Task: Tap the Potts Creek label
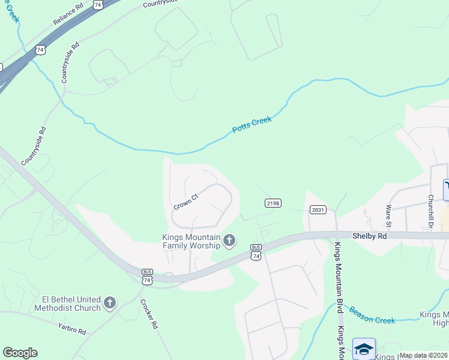pos(252,124)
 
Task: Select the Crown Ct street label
pos(186,201)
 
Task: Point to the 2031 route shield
pos(318,209)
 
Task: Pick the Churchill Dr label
pos(431,209)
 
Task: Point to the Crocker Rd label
pos(149,314)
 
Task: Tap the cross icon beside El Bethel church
pos(109,303)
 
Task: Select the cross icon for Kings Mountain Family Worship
pos(229,241)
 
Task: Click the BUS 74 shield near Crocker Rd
pos(148,277)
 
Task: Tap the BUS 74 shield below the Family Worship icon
pos(256,252)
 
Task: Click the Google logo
pos(20,352)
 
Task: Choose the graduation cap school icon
pos(364,349)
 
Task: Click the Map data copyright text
pos(423,355)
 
